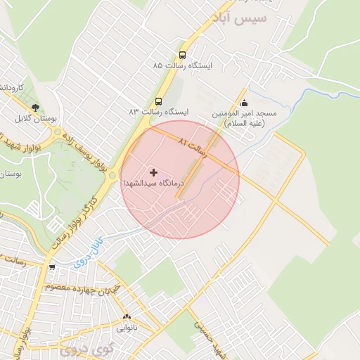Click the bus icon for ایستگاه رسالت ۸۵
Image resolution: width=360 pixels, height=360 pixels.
(183, 55)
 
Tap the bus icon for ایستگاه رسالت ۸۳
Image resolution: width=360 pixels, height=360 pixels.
(158, 101)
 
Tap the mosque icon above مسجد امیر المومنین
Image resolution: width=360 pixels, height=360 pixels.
(244, 104)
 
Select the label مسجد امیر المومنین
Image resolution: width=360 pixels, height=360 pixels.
(247, 118)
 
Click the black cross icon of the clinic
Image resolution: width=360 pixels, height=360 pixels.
(153, 172)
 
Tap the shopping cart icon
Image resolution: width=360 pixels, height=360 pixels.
(52, 267)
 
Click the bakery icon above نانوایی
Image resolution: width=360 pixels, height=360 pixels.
(127, 316)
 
